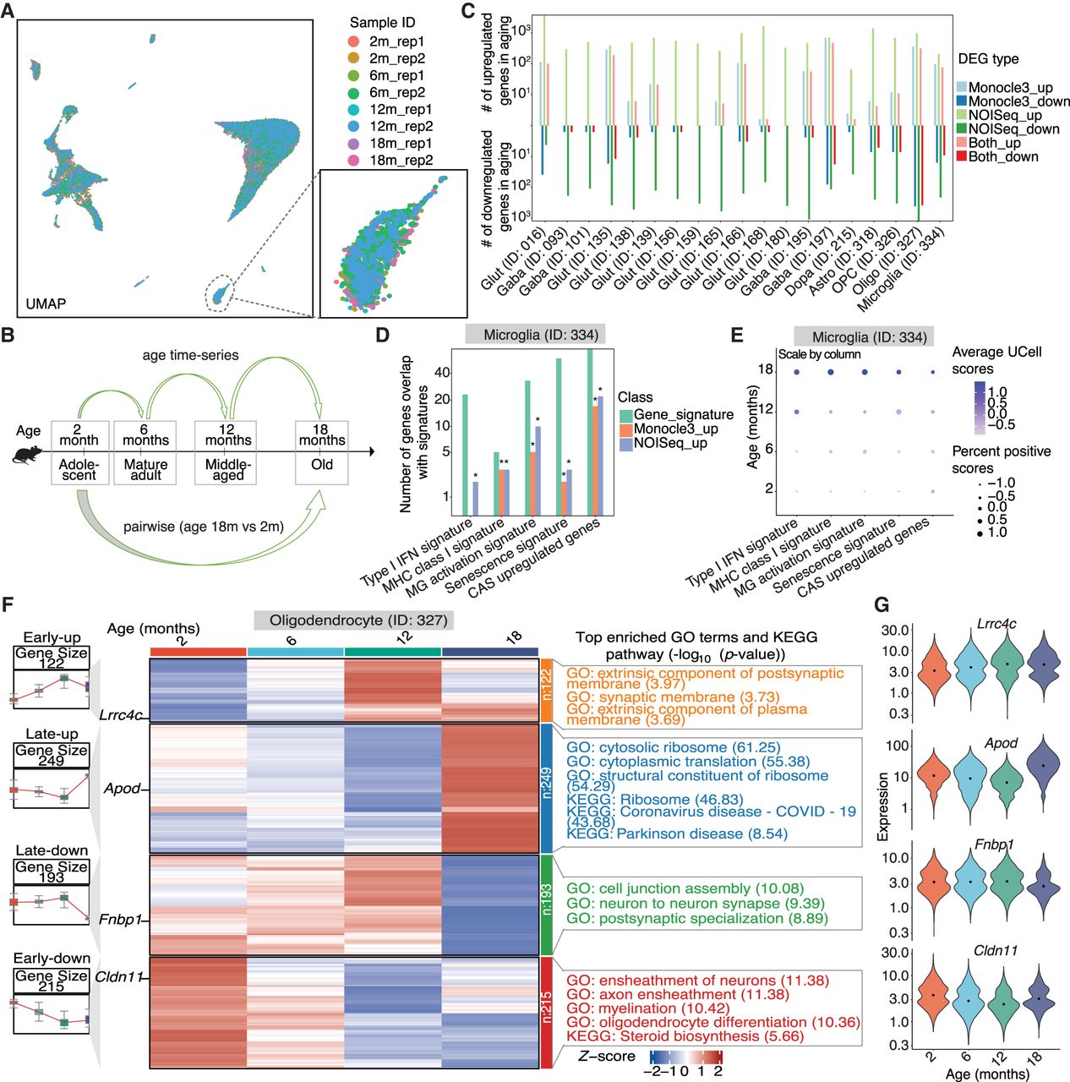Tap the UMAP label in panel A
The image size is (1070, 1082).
point(46,303)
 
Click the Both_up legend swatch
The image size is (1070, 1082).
point(962,143)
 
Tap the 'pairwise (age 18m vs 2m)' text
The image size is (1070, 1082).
point(203,527)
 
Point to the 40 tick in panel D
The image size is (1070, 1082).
point(442,373)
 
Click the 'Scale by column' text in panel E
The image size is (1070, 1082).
point(819,354)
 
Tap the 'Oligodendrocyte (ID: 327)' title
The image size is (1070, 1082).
point(353,620)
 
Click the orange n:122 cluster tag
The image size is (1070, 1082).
point(546,691)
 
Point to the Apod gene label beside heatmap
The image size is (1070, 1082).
point(122,789)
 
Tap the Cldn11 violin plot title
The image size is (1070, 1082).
point(996,951)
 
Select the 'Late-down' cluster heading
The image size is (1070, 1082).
point(52,850)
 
